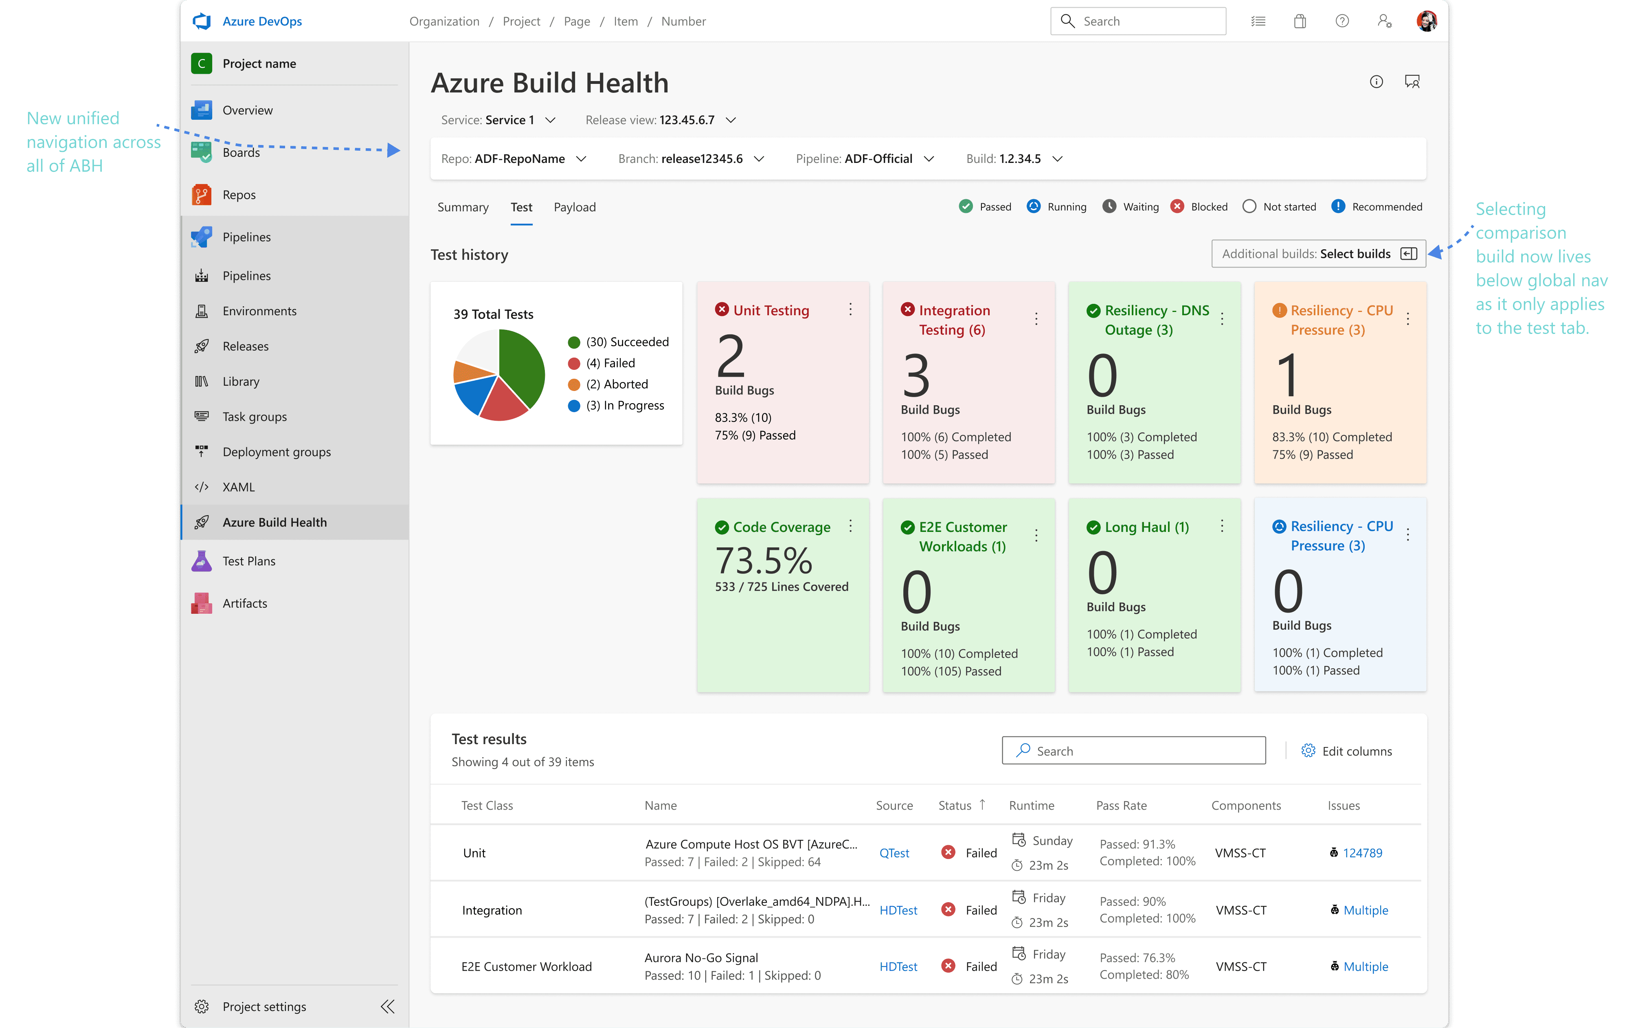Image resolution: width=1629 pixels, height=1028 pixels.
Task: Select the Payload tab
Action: pyautogui.click(x=574, y=207)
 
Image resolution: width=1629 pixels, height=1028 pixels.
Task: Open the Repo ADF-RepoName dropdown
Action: pyautogui.click(x=514, y=158)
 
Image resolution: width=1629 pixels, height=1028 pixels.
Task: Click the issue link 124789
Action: pyautogui.click(x=1363, y=853)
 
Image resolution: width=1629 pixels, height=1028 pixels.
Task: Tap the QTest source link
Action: pyautogui.click(x=894, y=853)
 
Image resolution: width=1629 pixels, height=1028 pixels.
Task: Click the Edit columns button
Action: pyautogui.click(x=1346, y=751)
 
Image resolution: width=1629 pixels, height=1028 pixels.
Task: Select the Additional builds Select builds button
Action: pyautogui.click(x=1319, y=254)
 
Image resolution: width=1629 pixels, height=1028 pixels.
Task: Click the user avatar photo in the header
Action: pyautogui.click(x=1427, y=21)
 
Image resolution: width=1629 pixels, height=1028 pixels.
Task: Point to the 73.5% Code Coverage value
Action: pyautogui.click(x=764, y=560)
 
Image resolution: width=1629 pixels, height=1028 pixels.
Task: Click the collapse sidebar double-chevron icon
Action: pyautogui.click(x=388, y=1006)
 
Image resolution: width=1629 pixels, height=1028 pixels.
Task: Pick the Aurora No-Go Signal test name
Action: pyautogui.click(x=701, y=958)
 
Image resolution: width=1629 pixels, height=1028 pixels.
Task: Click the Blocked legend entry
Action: pyautogui.click(x=1199, y=206)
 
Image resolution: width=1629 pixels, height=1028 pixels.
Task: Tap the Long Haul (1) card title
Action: pyautogui.click(x=1147, y=527)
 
